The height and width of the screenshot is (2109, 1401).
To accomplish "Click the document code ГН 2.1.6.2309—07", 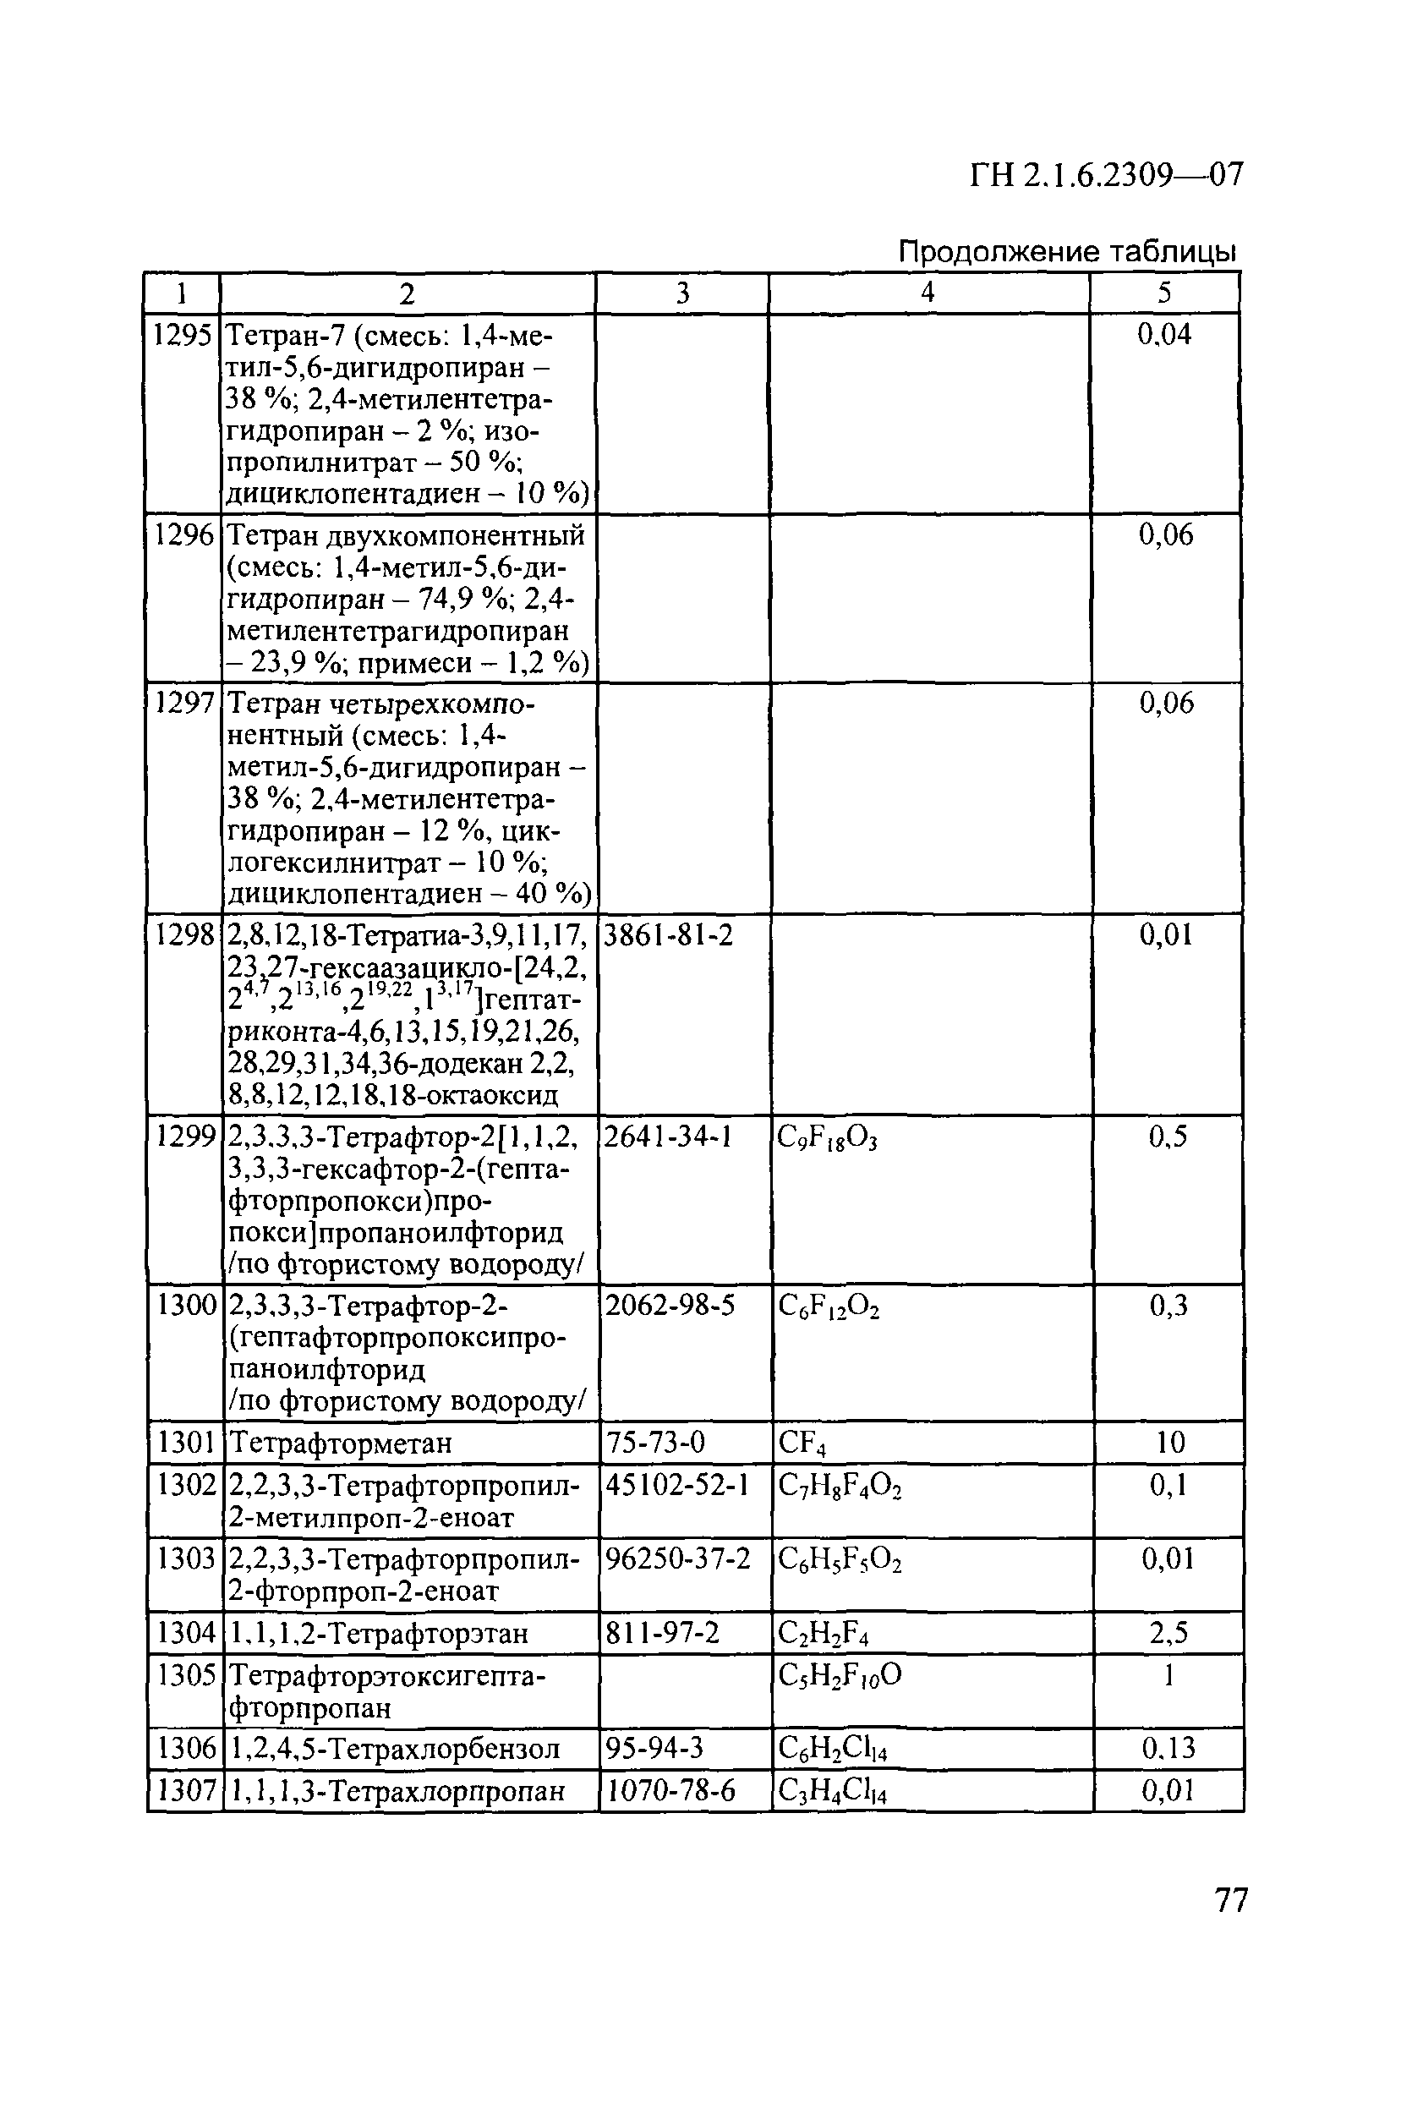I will pyautogui.click(x=1105, y=175).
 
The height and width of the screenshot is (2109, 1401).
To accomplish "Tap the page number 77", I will pyautogui.click(x=1230, y=1899).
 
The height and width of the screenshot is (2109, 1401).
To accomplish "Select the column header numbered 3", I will pyautogui.click(x=682, y=294).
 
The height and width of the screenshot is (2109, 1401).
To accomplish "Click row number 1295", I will pyautogui.click(x=183, y=335).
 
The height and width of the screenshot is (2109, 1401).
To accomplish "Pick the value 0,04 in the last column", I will pyautogui.click(x=1164, y=335).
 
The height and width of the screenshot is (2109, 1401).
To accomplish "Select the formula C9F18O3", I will pyautogui.click(x=828, y=1137).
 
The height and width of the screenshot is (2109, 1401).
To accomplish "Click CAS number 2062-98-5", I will pyautogui.click(x=670, y=1306).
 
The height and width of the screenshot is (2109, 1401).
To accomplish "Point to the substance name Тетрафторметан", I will pyautogui.click(x=341, y=1443).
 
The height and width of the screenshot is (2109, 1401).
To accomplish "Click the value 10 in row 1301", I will pyautogui.click(x=1169, y=1443).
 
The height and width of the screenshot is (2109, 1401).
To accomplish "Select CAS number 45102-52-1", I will pyautogui.click(x=676, y=1485).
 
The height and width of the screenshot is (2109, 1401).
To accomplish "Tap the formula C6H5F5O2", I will pyautogui.click(x=840, y=1559).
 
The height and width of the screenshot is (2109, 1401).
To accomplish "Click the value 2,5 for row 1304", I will pyautogui.click(x=1168, y=1634).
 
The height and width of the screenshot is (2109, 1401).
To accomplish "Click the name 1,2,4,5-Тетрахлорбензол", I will pyautogui.click(x=395, y=1748).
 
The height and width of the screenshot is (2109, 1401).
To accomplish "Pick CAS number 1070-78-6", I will pyautogui.click(x=671, y=1790).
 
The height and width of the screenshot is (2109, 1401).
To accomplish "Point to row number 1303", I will pyautogui.click(x=186, y=1559).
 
